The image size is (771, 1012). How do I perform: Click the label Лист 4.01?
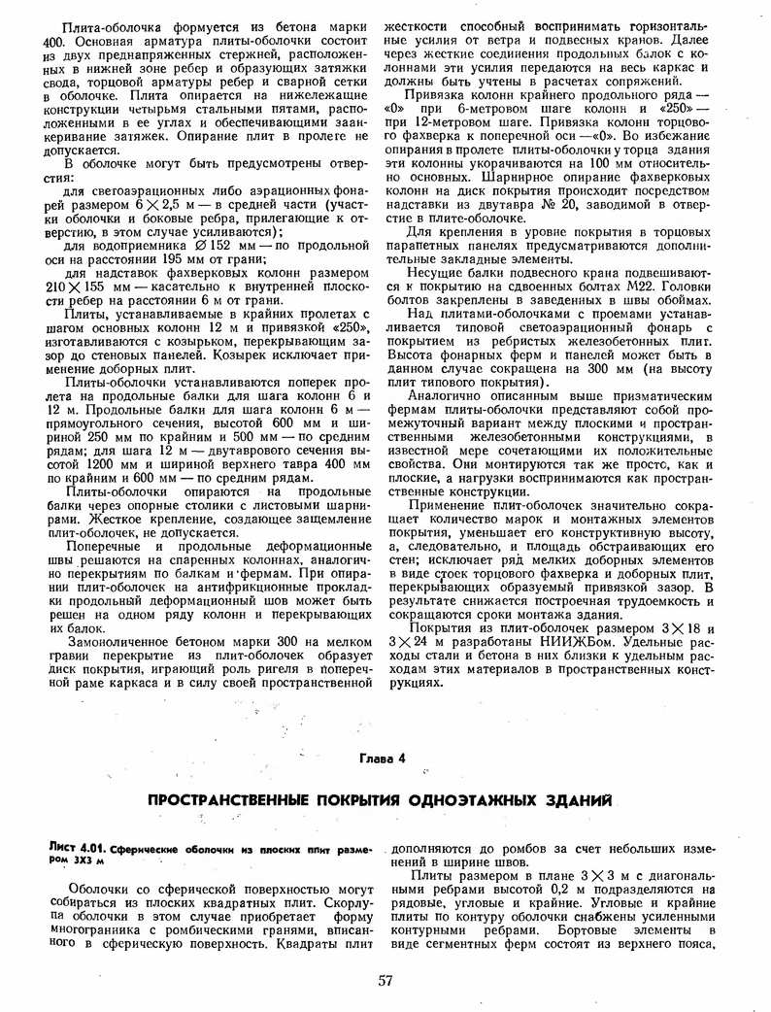point(76,848)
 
